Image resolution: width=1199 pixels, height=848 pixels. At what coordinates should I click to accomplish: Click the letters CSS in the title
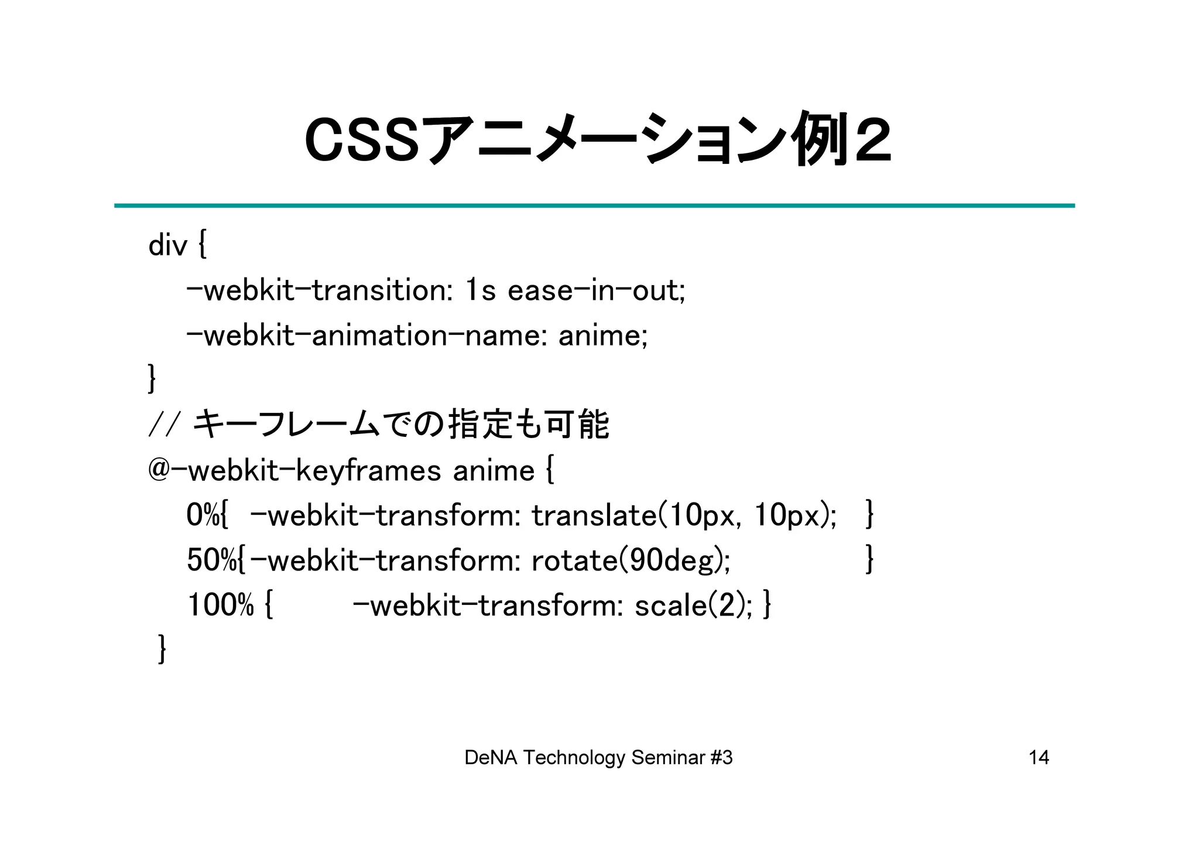[x=362, y=141]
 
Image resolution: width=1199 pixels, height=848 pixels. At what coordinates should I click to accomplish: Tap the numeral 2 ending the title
[x=872, y=141]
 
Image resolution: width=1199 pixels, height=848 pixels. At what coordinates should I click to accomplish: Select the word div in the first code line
[x=167, y=245]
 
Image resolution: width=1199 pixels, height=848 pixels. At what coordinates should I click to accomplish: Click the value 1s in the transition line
[x=481, y=290]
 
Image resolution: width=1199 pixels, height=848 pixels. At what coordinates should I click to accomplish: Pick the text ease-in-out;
[x=596, y=290]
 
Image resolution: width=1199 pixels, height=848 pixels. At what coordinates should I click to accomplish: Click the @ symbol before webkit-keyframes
[x=159, y=470]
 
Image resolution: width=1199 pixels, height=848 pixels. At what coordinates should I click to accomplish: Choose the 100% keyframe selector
[x=220, y=605]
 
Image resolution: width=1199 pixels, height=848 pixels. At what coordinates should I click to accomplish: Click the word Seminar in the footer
[x=668, y=758]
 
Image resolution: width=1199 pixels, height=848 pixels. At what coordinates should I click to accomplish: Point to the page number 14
[x=1039, y=758]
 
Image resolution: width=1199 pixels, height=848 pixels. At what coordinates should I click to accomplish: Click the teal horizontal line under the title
[x=594, y=206]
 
